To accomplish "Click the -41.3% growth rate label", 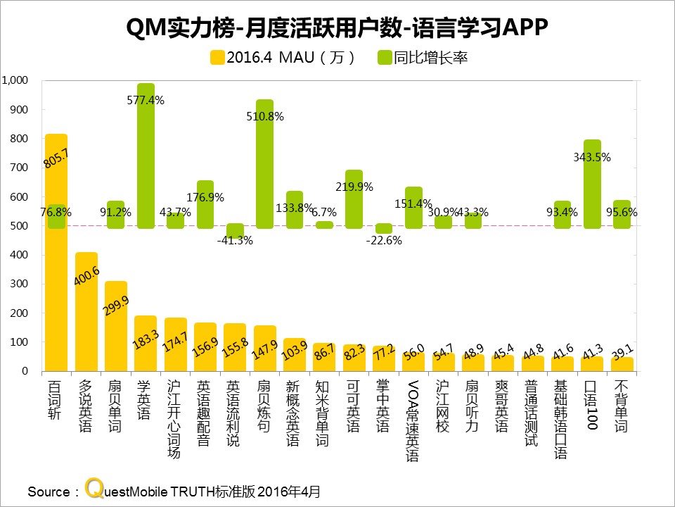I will [235, 239].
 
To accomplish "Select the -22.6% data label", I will [384, 239].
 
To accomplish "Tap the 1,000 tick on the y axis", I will [15, 80].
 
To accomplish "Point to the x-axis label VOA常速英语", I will [413, 420].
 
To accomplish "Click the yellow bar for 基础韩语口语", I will [562, 364].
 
